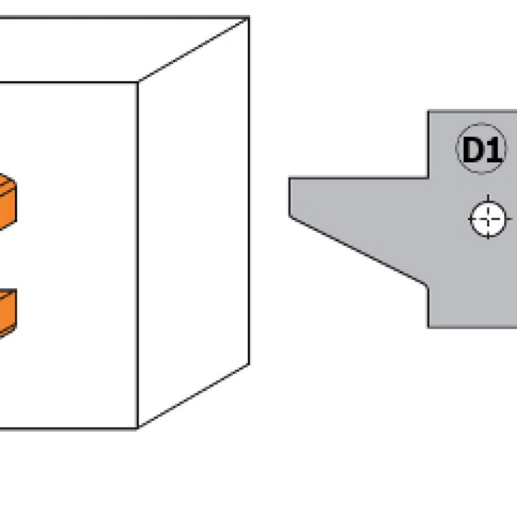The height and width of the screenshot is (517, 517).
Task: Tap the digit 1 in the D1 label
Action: [x=492, y=151]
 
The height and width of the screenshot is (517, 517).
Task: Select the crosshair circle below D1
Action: [x=489, y=219]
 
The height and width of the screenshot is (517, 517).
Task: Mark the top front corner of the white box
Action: [x=138, y=82]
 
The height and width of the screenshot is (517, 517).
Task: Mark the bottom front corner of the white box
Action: [x=138, y=428]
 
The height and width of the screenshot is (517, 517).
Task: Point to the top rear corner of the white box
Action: [x=249, y=18]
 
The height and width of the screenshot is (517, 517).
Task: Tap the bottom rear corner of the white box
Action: [x=249, y=364]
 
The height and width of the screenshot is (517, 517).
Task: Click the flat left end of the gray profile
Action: [x=290, y=198]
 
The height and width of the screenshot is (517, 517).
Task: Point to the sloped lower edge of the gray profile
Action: [x=359, y=251]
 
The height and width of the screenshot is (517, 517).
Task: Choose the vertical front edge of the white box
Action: [x=138, y=258]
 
